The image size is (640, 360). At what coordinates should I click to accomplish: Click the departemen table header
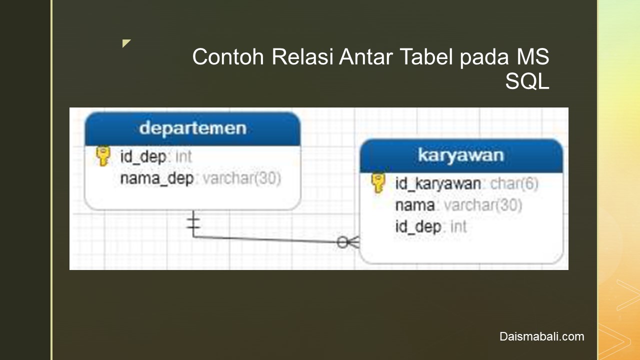192,128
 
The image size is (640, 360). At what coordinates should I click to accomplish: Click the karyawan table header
461,155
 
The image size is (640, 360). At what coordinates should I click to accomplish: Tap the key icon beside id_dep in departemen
103,156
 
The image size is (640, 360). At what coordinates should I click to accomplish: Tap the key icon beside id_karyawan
378,183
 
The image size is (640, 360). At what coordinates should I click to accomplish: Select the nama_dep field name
157,178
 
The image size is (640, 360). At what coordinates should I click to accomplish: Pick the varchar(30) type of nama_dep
242,178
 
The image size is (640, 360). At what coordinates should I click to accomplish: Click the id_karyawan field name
438,183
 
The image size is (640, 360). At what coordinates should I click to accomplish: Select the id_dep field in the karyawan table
418,227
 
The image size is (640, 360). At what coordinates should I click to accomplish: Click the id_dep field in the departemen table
143,156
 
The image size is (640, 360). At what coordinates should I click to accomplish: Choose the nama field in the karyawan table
415,205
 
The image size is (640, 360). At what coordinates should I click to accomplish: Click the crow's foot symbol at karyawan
348,242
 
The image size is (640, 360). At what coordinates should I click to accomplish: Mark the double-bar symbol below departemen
193,223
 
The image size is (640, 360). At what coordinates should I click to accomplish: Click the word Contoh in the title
228,57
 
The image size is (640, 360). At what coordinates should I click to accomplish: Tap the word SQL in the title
527,81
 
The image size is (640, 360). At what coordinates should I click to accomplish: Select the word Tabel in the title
426,56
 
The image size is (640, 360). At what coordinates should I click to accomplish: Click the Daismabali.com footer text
541,336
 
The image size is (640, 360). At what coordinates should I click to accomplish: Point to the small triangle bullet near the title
126,43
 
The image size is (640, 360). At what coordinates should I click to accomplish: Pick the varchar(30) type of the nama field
483,205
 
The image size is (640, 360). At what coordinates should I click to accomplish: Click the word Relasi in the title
302,56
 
